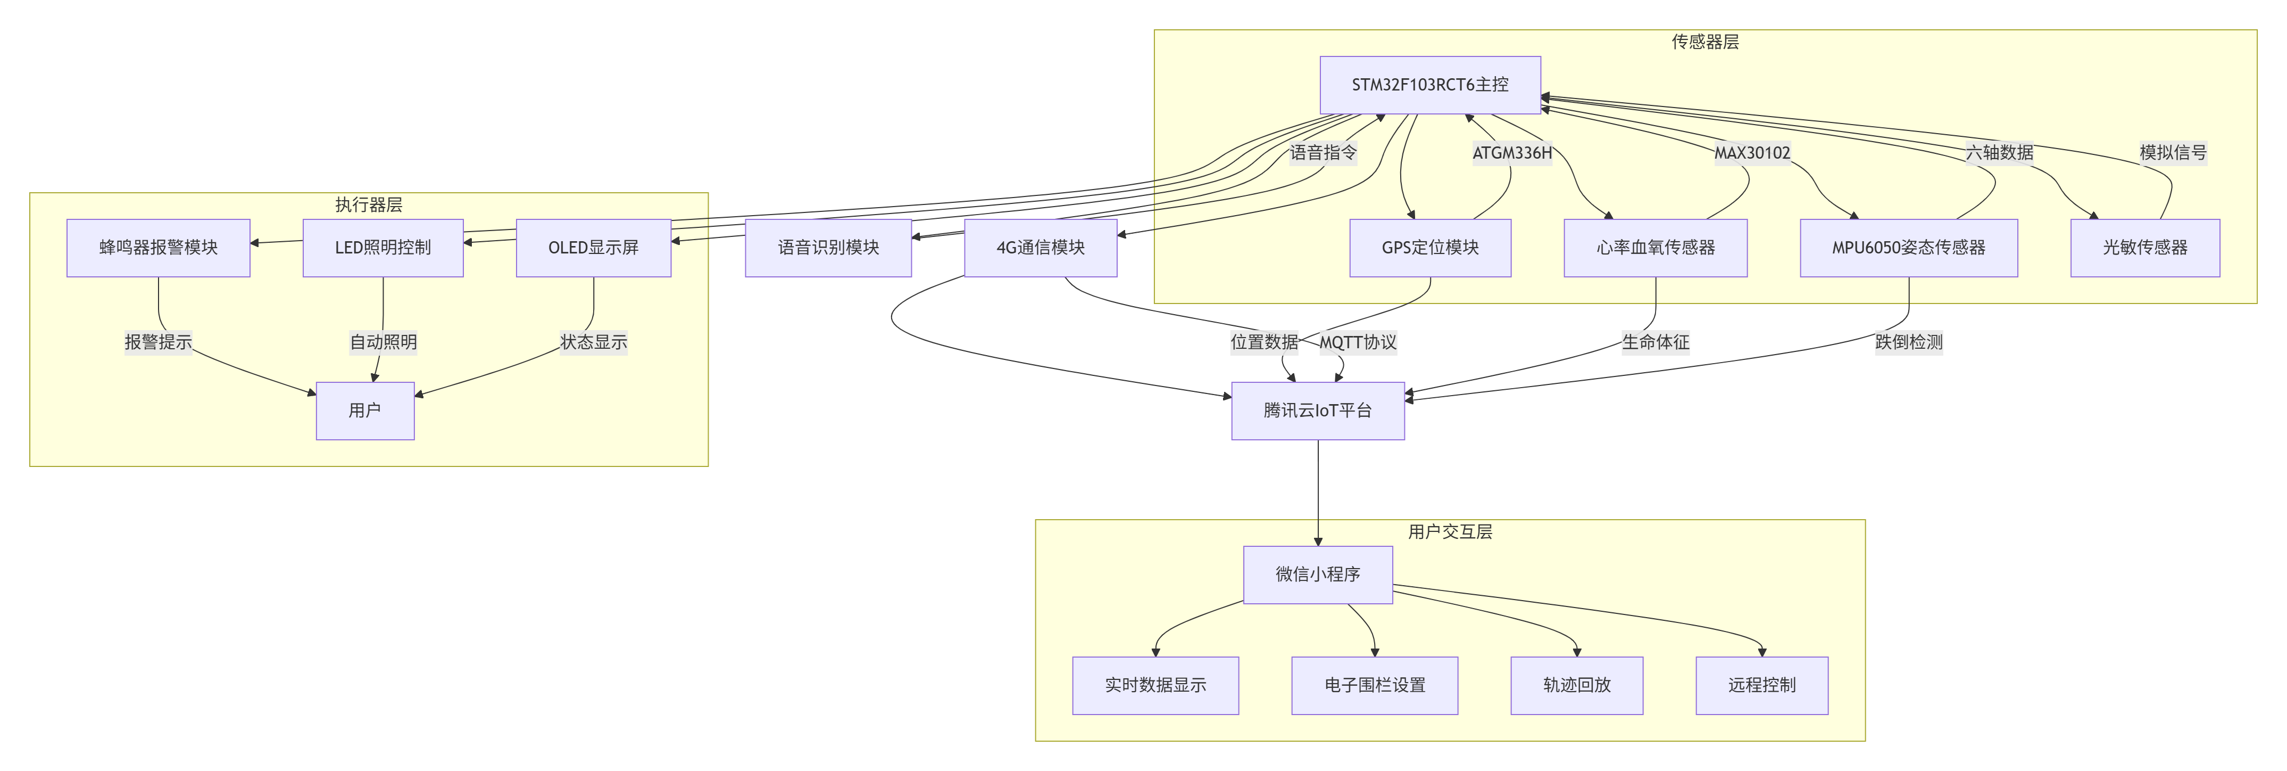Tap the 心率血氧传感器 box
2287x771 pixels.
pyautogui.click(x=1655, y=248)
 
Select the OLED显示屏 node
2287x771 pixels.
pyautogui.click(x=593, y=248)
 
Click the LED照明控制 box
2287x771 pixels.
pyautogui.click(x=382, y=248)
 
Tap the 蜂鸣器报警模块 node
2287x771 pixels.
pyautogui.click(x=158, y=248)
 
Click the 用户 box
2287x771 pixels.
pyautogui.click(x=365, y=411)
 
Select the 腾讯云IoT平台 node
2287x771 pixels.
pyautogui.click(x=1318, y=411)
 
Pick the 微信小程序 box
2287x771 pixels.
pyautogui.click(x=1318, y=575)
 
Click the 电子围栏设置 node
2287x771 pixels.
pyautogui.click(x=1374, y=685)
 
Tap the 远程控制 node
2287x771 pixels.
pyautogui.click(x=1761, y=685)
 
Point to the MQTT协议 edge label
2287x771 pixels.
pyautogui.click(x=1358, y=342)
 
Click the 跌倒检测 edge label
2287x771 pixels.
pyautogui.click(x=1908, y=342)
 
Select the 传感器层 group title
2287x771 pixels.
pyautogui.click(x=1704, y=42)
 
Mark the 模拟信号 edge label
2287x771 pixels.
pyautogui.click(x=2173, y=153)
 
